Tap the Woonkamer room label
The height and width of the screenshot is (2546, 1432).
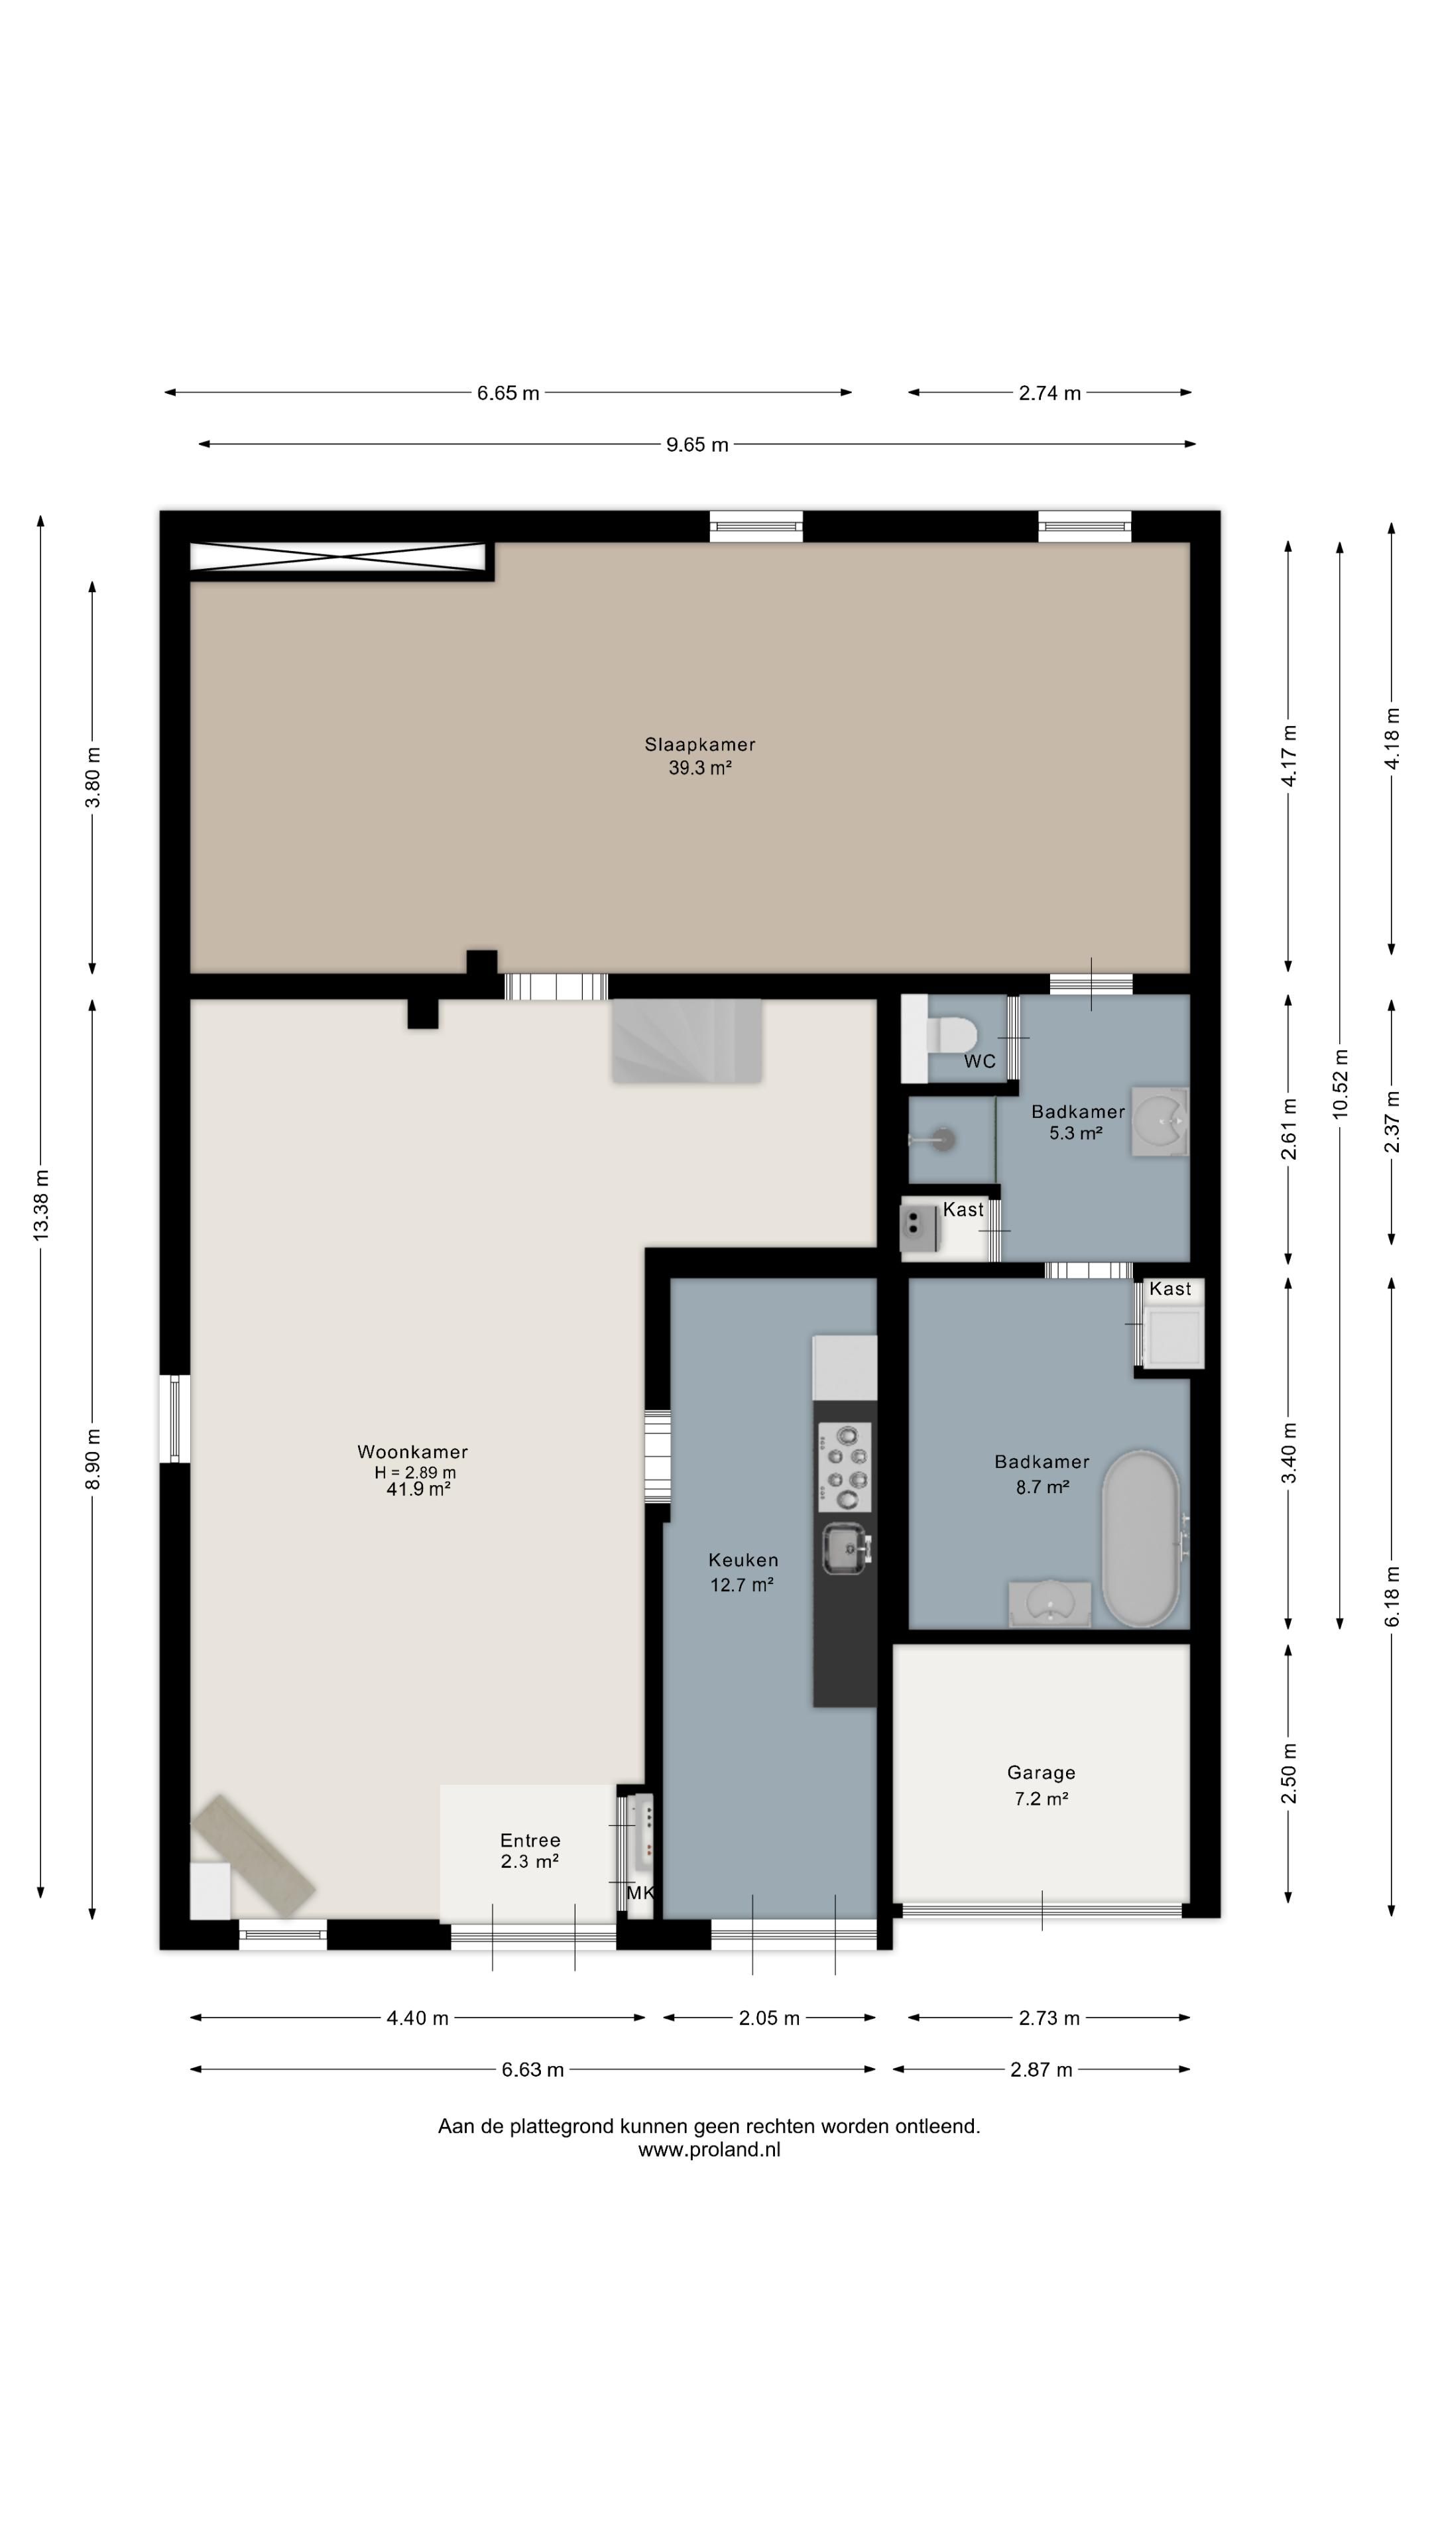point(412,1452)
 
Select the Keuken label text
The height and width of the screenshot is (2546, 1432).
point(743,1561)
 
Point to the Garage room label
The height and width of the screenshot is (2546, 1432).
point(1041,1773)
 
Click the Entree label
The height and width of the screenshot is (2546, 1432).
point(530,1841)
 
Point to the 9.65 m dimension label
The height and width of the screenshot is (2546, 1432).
point(697,445)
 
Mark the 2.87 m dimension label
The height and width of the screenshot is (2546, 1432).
point(1041,2069)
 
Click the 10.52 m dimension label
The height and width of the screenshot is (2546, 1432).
point(1340,1083)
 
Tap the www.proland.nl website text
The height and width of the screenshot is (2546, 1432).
point(709,2150)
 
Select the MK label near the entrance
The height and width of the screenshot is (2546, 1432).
point(640,1894)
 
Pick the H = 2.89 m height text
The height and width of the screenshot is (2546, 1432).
point(415,1473)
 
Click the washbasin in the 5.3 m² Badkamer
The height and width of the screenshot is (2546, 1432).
point(1160,1122)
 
